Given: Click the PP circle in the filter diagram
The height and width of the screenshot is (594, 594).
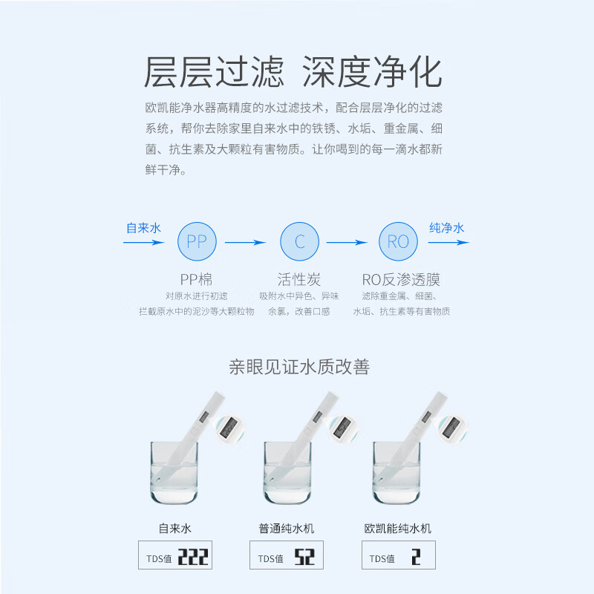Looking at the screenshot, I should click(x=197, y=241).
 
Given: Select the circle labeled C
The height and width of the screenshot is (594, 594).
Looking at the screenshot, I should click(x=299, y=241).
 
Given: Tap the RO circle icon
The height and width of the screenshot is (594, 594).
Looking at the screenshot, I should click(x=399, y=241).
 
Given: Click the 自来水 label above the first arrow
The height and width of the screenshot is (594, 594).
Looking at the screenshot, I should click(x=143, y=228).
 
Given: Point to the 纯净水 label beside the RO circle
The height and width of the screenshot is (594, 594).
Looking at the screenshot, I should click(x=447, y=228).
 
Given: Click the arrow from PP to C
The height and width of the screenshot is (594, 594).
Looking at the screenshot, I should click(x=245, y=241).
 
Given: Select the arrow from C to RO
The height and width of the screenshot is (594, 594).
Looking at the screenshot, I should click(x=347, y=241).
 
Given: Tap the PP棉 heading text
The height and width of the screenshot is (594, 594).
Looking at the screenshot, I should click(x=196, y=279).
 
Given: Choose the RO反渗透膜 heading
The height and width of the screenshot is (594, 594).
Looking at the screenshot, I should click(x=401, y=279).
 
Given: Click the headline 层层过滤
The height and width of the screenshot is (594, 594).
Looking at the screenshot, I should click(x=214, y=73).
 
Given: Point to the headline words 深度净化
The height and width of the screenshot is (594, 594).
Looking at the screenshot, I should click(x=372, y=73).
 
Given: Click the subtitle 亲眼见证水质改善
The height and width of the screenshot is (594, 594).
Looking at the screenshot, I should click(x=298, y=366).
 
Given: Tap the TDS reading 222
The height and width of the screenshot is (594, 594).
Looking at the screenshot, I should click(x=192, y=557).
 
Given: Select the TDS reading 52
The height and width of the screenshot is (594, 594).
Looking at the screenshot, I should click(x=304, y=557).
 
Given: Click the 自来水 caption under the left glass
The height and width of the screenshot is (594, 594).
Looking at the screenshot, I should click(x=175, y=529).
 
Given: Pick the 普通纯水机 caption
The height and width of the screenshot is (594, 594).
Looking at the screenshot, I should click(x=287, y=529).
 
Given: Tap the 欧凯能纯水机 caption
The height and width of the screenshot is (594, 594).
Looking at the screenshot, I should click(x=398, y=529).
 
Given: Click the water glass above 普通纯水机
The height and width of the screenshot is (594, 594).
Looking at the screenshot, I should click(x=287, y=474).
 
